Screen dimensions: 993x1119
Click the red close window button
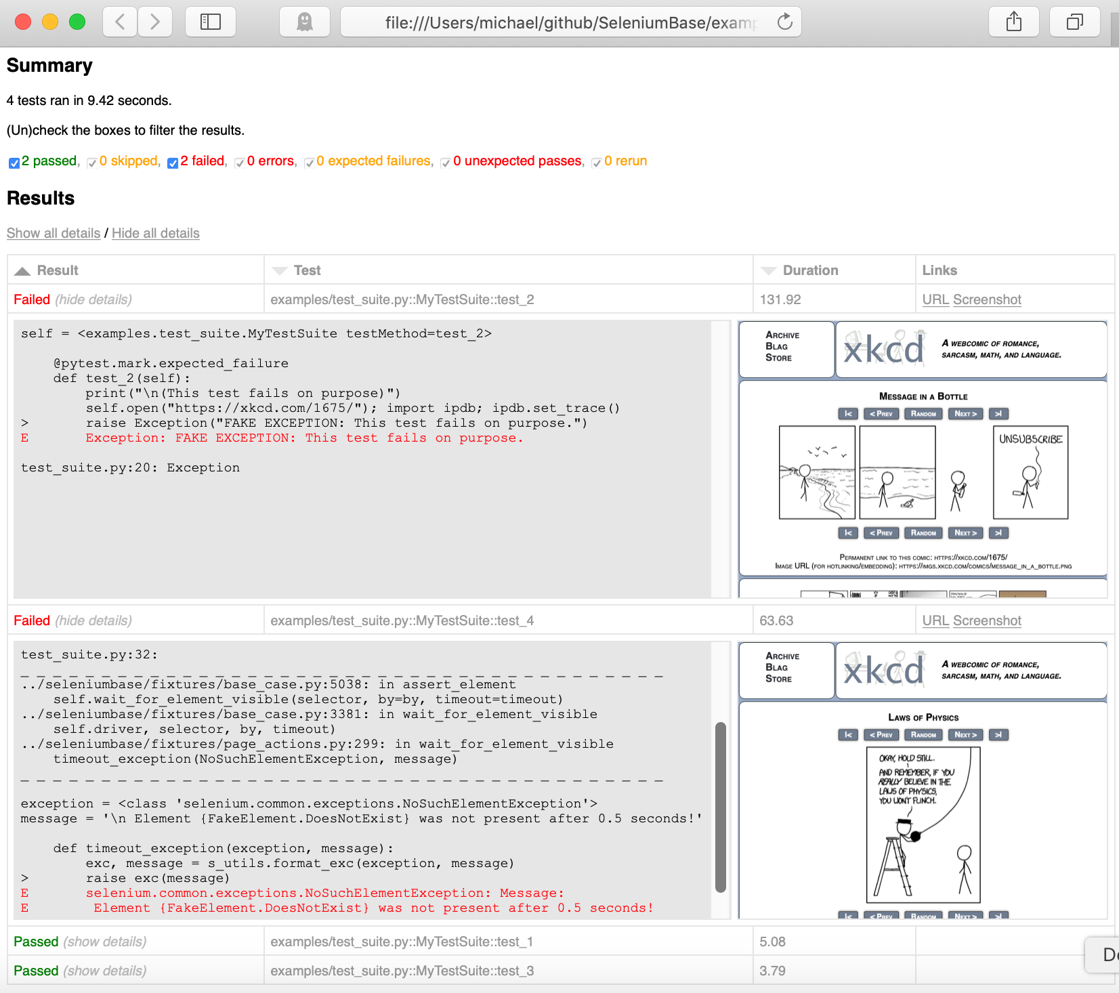pyautogui.click(x=23, y=22)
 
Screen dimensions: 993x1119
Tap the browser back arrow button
pyautogui.click(x=120, y=22)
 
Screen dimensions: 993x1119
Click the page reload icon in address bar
pyautogui.click(x=784, y=22)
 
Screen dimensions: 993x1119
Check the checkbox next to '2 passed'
pyautogui.click(x=14, y=163)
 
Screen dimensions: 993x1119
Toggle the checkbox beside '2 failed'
pyautogui.click(x=173, y=163)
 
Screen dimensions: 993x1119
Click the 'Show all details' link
pyautogui.click(x=54, y=233)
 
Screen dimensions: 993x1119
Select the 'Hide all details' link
pyautogui.click(x=155, y=233)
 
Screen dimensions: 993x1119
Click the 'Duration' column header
pyautogui.click(x=810, y=270)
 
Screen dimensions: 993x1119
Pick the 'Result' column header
pyautogui.click(x=58, y=270)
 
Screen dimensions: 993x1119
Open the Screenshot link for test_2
pyautogui.click(x=987, y=299)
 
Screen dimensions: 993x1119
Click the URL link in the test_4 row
pyautogui.click(x=935, y=620)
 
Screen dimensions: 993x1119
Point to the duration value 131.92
pyautogui.click(x=780, y=299)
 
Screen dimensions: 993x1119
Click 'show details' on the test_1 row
pyautogui.click(x=105, y=942)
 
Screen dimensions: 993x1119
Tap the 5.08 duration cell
pyautogui.click(x=773, y=942)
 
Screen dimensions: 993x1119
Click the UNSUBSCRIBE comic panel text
pyautogui.click(x=1030, y=439)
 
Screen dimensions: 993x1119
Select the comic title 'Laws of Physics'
pyautogui.click(x=923, y=717)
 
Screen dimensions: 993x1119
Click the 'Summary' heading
pyautogui.click(x=49, y=65)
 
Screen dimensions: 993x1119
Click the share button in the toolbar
pyautogui.click(x=1013, y=22)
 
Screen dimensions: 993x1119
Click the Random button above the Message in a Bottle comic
pyautogui.click(x=923, y=414)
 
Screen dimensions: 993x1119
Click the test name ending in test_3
pyautogui.click(x=402, y=971)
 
